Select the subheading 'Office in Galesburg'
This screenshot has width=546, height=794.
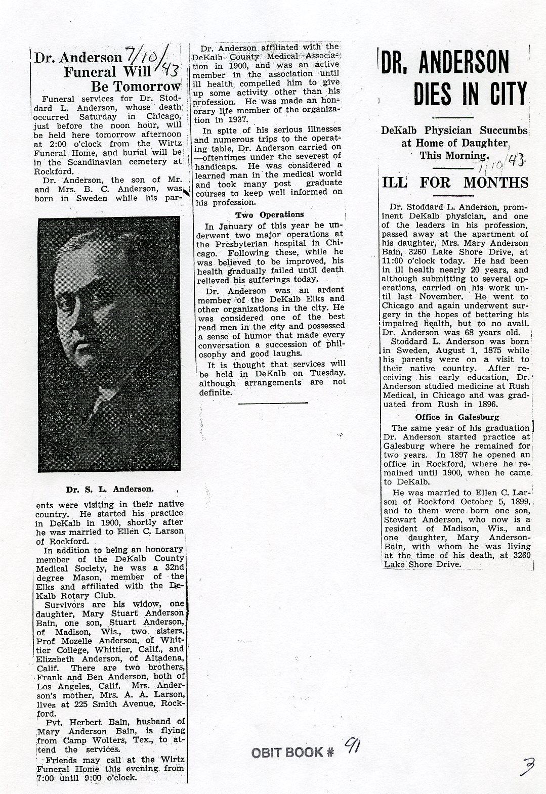[x=457, y=417]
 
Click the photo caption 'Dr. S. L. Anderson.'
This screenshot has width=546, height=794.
[x=109, y=489]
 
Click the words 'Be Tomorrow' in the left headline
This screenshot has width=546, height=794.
[x=135, y=86]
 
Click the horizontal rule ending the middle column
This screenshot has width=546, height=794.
[x=272, y=403]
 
